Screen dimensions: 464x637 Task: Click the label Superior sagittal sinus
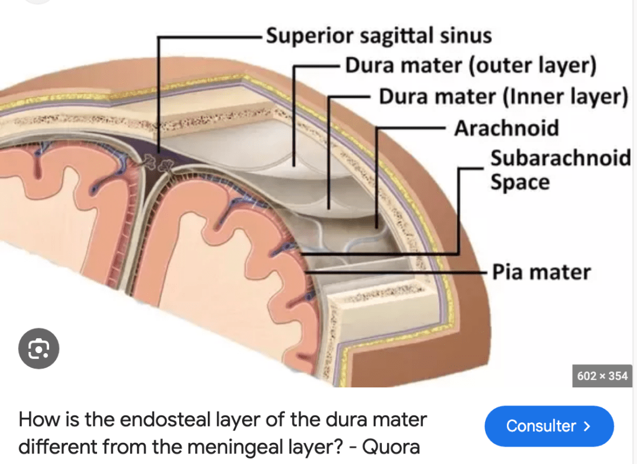tap(379, 36)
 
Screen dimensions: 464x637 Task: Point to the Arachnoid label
tap(506, 128)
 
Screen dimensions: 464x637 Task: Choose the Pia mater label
tap(541, 272)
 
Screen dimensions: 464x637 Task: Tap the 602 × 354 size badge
tap(602, 376)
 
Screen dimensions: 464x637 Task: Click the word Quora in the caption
tap(391, 447)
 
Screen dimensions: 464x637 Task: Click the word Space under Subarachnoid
tap(519, 182)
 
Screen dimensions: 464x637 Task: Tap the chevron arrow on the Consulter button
tap(587, 426)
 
